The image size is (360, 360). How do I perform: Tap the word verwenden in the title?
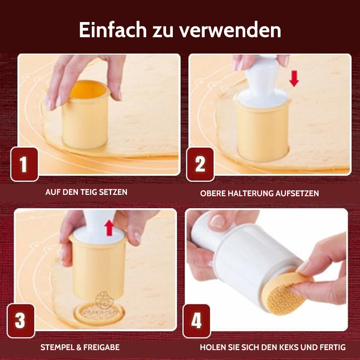(230, 31)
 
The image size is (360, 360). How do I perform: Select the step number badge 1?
(23, 164)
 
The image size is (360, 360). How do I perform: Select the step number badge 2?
(200, 164)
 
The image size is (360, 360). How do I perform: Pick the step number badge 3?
(20, 321)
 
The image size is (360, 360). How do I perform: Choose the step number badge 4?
(197, 321)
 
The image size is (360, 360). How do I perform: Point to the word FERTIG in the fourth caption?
(332, 347)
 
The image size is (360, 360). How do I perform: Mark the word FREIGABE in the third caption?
(102, 347)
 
